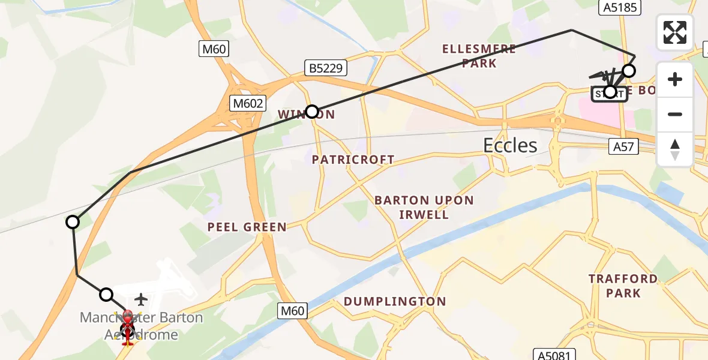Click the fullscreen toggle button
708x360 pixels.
(x=675, y=32)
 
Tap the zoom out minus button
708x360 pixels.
(x=675, y=114)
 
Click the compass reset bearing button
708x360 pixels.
(x=675, y=149)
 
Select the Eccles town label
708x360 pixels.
(x=511, y=145)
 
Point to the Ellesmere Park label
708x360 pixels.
(x=479, y=56)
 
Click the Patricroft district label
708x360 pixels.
(x=353, y=160)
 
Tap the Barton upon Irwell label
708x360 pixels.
(x=424, y=207)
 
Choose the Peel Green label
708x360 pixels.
(x=247, y=227)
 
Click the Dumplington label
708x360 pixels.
(x=395, y=301)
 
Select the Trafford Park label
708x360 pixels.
(x=623, y=286)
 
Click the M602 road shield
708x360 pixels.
(x=248, y=104)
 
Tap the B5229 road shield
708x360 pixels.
(x=326, y=68)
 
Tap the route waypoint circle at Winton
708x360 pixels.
(x=312, y=111)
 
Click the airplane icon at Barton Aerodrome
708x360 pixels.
(x=141, y=298)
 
